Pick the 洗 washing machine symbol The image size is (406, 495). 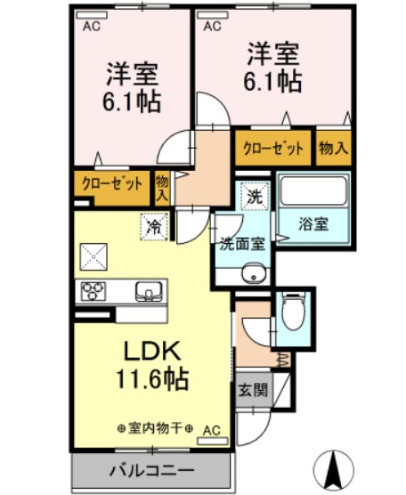pos(255,195)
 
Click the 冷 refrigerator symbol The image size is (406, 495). pos(154,227)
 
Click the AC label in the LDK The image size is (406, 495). pos(210,429)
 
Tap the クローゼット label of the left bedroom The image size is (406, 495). pos(111,184)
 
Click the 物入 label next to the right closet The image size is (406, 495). pos(333,147)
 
